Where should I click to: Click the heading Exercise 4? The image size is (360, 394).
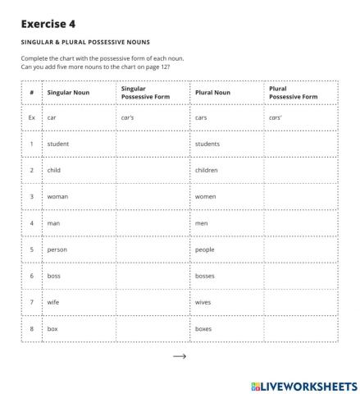pos(50,25)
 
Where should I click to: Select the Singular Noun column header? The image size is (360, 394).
pos(69,93)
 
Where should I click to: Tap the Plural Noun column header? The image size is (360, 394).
pos(212,93)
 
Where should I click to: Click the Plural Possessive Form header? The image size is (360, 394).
pos(293,93)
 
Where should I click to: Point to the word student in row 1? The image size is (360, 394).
pos(58,144)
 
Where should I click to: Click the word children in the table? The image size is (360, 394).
pos(207,170)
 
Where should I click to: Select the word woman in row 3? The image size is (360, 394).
pos(58,197)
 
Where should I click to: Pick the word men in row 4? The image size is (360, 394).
pos(202,223)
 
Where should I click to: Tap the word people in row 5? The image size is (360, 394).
pos(206,250)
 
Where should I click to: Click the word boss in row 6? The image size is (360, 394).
pos(55,276)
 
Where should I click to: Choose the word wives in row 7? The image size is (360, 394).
pos(204,302)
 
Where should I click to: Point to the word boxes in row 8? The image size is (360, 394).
pos(204,328)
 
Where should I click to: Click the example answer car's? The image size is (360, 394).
pos(127,117)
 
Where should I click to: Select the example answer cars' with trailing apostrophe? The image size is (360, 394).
pos(276,117)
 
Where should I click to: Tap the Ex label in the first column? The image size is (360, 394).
pos(31,117)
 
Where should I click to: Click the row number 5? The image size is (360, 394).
pos(31,250)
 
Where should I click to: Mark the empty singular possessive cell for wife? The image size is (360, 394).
pos(153,302)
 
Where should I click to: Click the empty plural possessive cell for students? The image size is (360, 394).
pos(300,144)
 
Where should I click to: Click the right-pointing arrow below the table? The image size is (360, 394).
pos(180,356)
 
